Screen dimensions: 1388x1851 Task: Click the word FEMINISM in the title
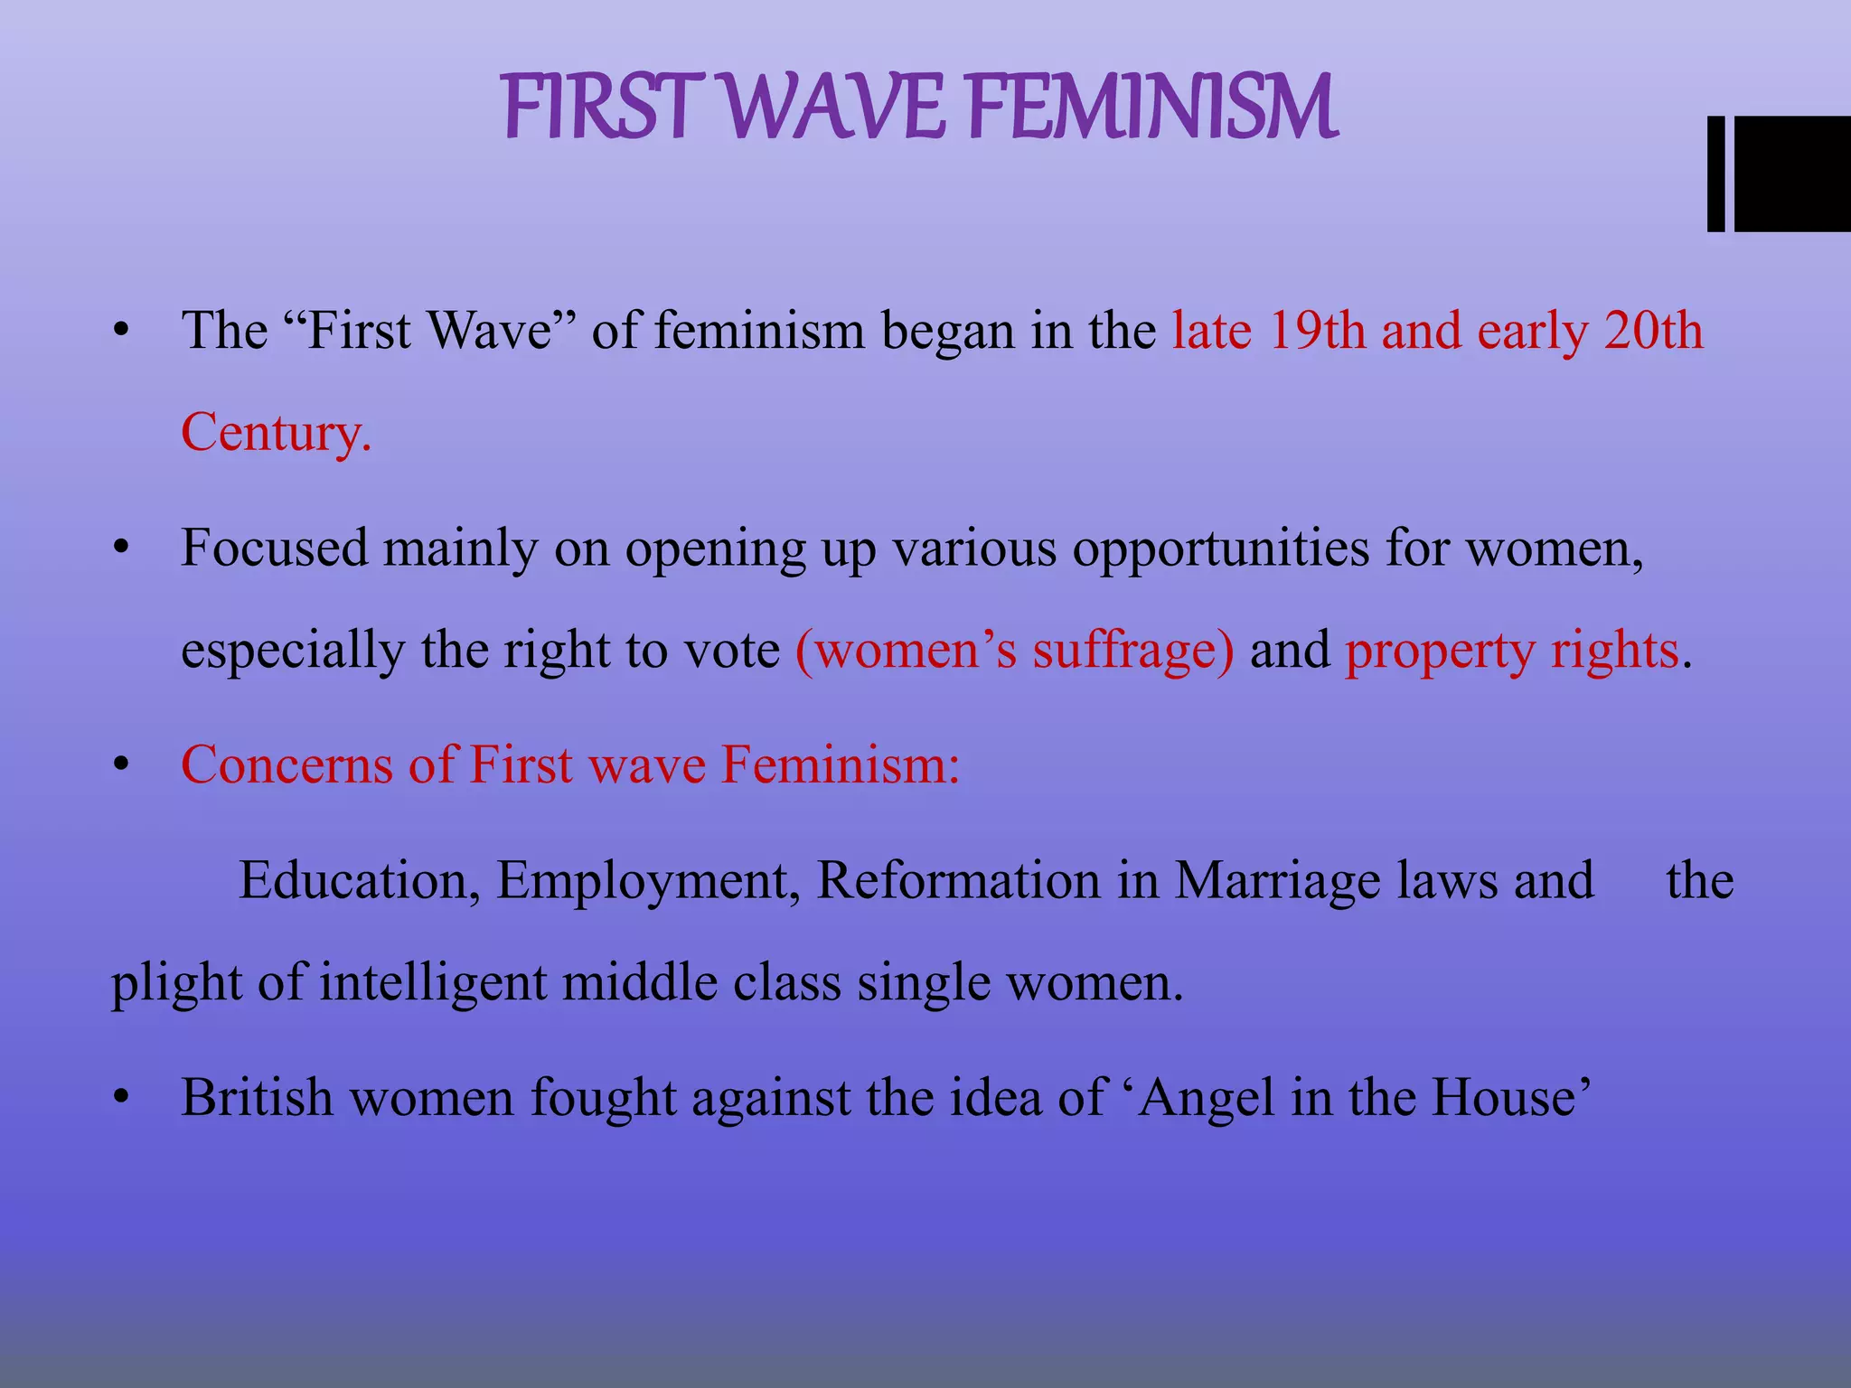coord(1151,108)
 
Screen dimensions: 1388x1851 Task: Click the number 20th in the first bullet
coord(1653,331)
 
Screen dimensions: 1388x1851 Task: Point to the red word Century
coord(276,432)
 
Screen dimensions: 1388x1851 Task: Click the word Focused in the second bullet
coord(274,548)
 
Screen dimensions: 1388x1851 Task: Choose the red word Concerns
coord(287,764)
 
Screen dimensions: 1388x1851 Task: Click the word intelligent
coord(433,983)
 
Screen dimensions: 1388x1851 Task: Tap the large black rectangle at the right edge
coord(1793,173)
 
